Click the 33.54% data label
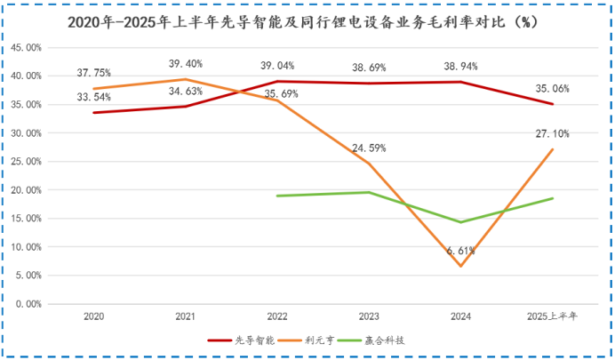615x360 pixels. pos(93,98)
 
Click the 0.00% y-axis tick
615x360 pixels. pos(31,304)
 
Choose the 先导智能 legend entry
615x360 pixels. pos(241,339)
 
